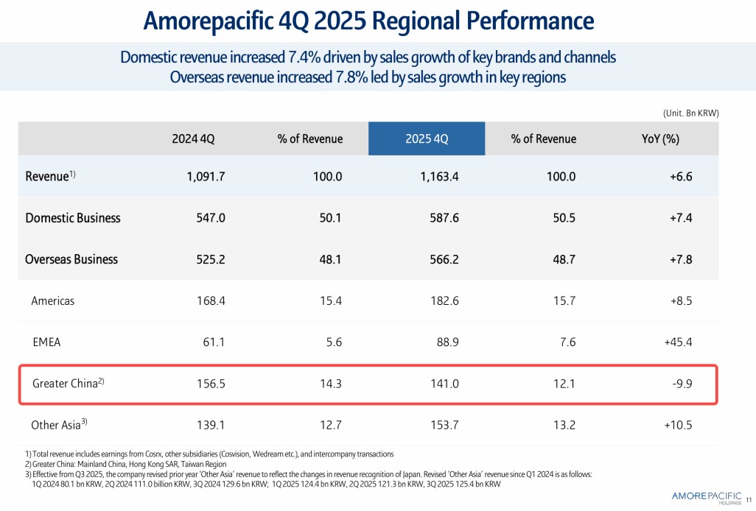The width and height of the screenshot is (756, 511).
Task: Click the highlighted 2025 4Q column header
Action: tap(427, 139)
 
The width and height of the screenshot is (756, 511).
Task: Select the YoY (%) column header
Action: tap(660, 139)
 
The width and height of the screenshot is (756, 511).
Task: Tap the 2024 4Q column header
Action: tap(193, 139)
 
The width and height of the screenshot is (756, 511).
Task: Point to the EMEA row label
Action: tap(47, 342)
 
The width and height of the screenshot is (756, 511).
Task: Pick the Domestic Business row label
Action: tap(73, 218)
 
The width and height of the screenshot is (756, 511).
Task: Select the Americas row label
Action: tap(53, 300)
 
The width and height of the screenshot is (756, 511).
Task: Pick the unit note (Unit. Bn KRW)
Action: tap(686, 113)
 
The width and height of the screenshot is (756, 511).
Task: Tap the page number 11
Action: tap(749, 497)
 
